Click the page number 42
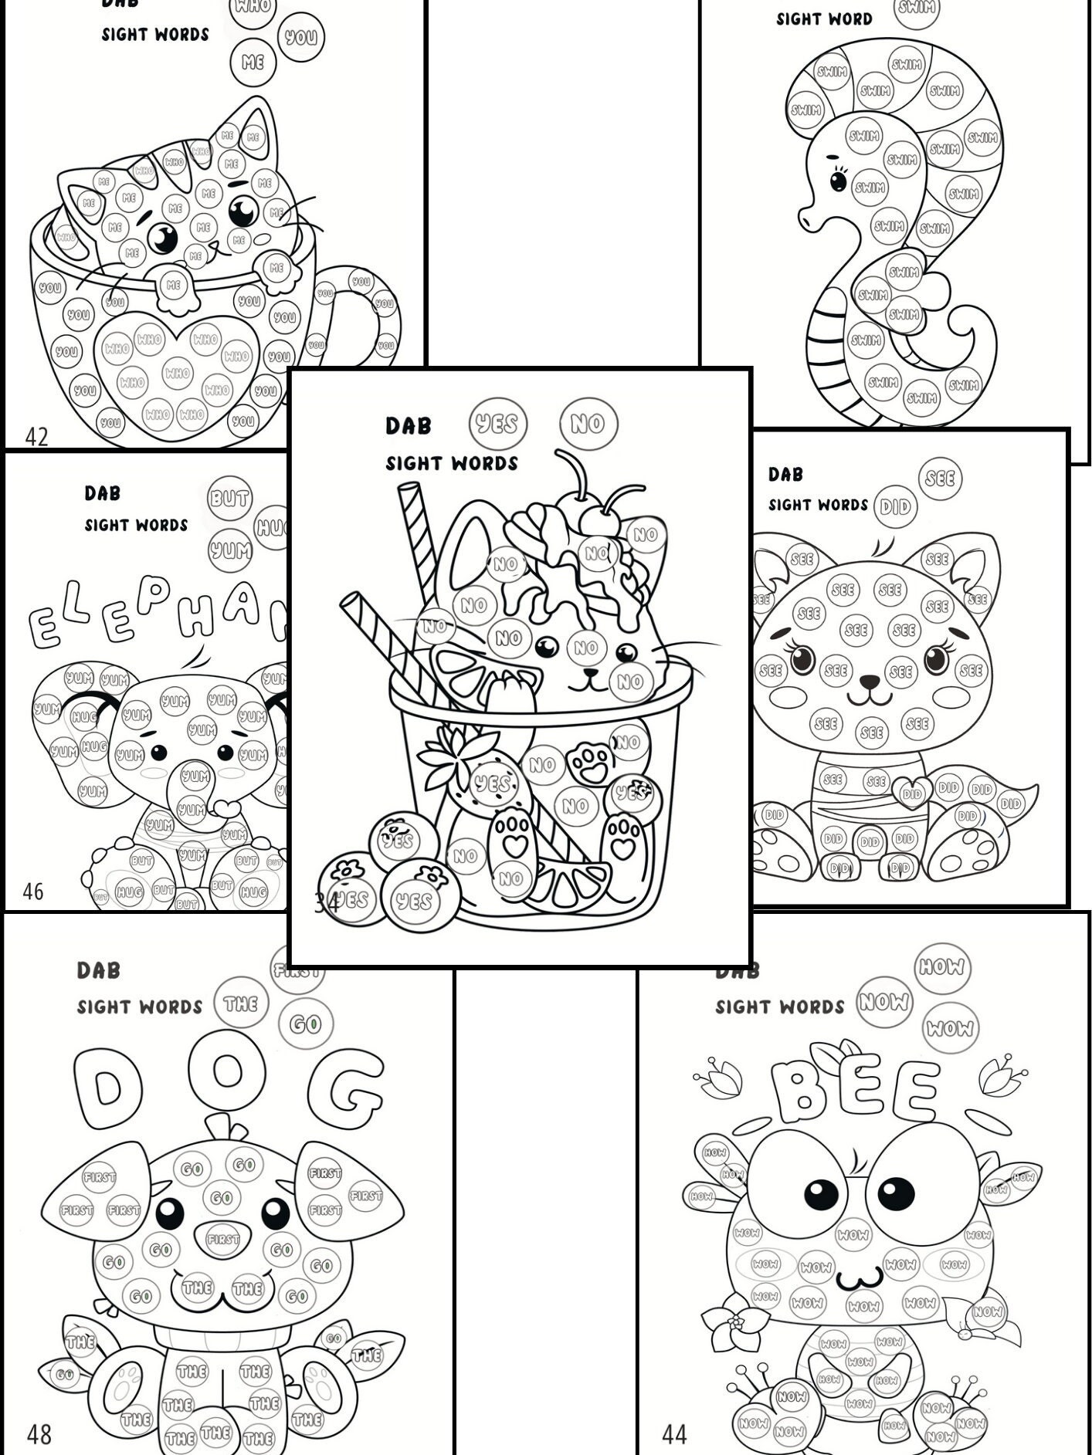coord(36,437)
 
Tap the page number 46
coord(33,892)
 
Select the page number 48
coord(39,1434)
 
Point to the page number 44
coord(674,1434)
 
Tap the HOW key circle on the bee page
coord(942,966)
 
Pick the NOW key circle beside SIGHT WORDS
coord(884,1002)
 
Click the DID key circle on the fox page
coord(894,507)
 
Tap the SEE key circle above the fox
coord(940,478)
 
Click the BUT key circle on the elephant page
coord(229,499)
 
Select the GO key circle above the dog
coord(304,1024)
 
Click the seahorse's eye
coord(838,181)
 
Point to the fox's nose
coord(870,682)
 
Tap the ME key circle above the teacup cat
coord(253,62)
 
